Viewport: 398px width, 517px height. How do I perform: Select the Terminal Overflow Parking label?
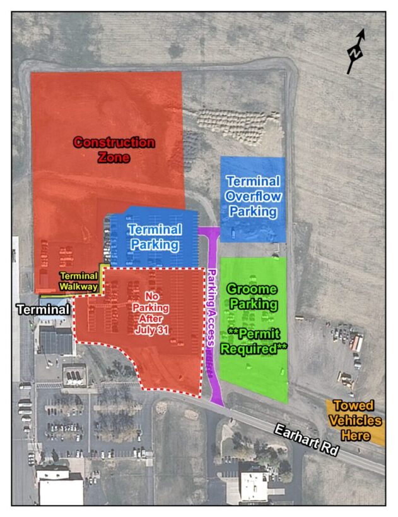(x=253, y=197)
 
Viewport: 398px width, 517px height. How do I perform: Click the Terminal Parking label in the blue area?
(x=155, y=237)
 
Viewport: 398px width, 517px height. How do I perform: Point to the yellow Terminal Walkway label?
(x=79, y=281)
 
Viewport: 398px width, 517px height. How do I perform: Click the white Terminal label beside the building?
(x=43, y=310)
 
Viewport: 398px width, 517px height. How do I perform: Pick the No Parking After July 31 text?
(x=151, y=313)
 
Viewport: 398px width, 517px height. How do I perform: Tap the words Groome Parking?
(x=252, y=296)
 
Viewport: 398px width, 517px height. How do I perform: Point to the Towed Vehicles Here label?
(x=356, y=420)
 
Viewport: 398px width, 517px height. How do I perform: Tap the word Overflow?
(x=253, y=197)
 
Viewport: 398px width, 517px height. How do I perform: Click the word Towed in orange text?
(x=353, y=406)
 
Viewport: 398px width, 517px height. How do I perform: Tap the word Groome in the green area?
(x=252, y=289)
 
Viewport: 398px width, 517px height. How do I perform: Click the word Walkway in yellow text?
(x=79, y=287)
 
